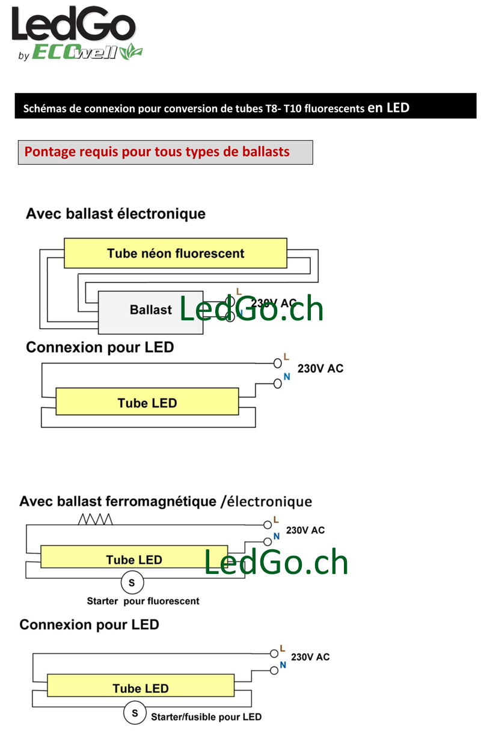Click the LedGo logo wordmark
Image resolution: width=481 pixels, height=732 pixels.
73,23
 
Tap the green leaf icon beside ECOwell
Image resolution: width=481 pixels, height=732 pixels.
131,52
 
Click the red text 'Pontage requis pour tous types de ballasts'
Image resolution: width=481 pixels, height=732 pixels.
157,152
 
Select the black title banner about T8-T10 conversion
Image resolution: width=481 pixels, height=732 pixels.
245,106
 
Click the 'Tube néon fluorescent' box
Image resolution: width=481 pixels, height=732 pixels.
176,253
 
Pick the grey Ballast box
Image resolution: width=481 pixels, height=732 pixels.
150,313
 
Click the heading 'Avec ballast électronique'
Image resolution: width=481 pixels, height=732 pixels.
116,214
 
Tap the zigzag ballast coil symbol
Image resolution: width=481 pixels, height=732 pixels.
95,519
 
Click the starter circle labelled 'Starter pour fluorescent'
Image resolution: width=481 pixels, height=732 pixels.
132,583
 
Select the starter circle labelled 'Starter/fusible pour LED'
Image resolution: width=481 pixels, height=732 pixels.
135,713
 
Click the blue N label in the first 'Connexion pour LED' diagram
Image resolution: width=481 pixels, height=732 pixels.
287,377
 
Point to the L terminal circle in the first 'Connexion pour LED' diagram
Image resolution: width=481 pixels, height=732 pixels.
277,363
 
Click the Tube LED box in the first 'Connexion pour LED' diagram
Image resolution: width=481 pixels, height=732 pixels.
147,401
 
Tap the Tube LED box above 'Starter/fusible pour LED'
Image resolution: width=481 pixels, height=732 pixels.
141,685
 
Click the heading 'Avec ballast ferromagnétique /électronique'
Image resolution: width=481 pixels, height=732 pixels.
165,502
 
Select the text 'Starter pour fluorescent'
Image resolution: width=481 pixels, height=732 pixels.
143,601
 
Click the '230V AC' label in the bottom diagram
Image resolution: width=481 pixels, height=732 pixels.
310,657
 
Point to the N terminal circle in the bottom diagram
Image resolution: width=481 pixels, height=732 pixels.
274,671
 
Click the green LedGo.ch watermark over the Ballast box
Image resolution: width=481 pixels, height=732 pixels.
251,308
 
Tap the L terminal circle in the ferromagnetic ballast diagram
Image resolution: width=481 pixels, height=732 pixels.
268,525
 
